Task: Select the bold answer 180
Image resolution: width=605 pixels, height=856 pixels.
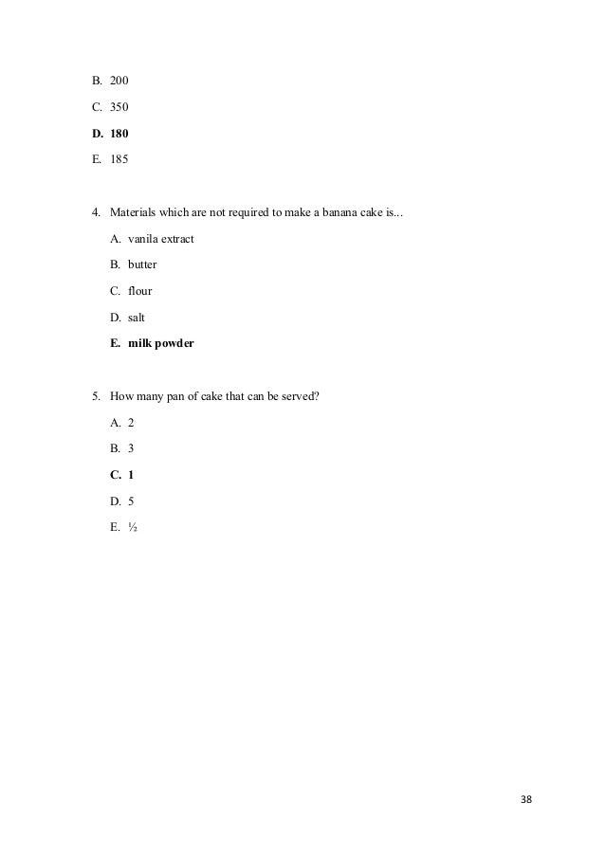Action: click(x=120, y=134)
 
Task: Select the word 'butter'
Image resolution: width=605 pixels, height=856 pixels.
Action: click(x=143, y=264)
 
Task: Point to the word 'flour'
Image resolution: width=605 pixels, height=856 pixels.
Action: click(x=140, y=291)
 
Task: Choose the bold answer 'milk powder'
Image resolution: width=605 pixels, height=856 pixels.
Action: click(x=161, y=344)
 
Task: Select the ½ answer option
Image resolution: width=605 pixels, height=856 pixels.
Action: click(x=134, y=526)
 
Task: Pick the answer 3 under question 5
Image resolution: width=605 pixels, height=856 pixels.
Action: click(x=132, y=447)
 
